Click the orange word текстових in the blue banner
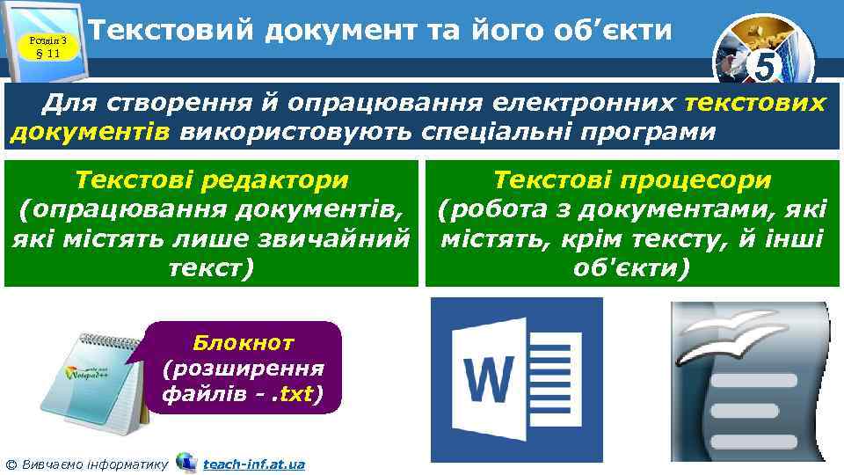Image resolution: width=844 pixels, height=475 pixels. click(x=755, y=104)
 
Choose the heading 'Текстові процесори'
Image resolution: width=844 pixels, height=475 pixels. click(x=632, y=180)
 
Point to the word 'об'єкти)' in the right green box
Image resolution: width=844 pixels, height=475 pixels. click(x=632, y=267)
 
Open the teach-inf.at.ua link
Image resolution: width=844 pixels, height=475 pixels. click(x=253, y=464)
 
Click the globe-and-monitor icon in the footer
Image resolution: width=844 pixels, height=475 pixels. click(x=186, y=462)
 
